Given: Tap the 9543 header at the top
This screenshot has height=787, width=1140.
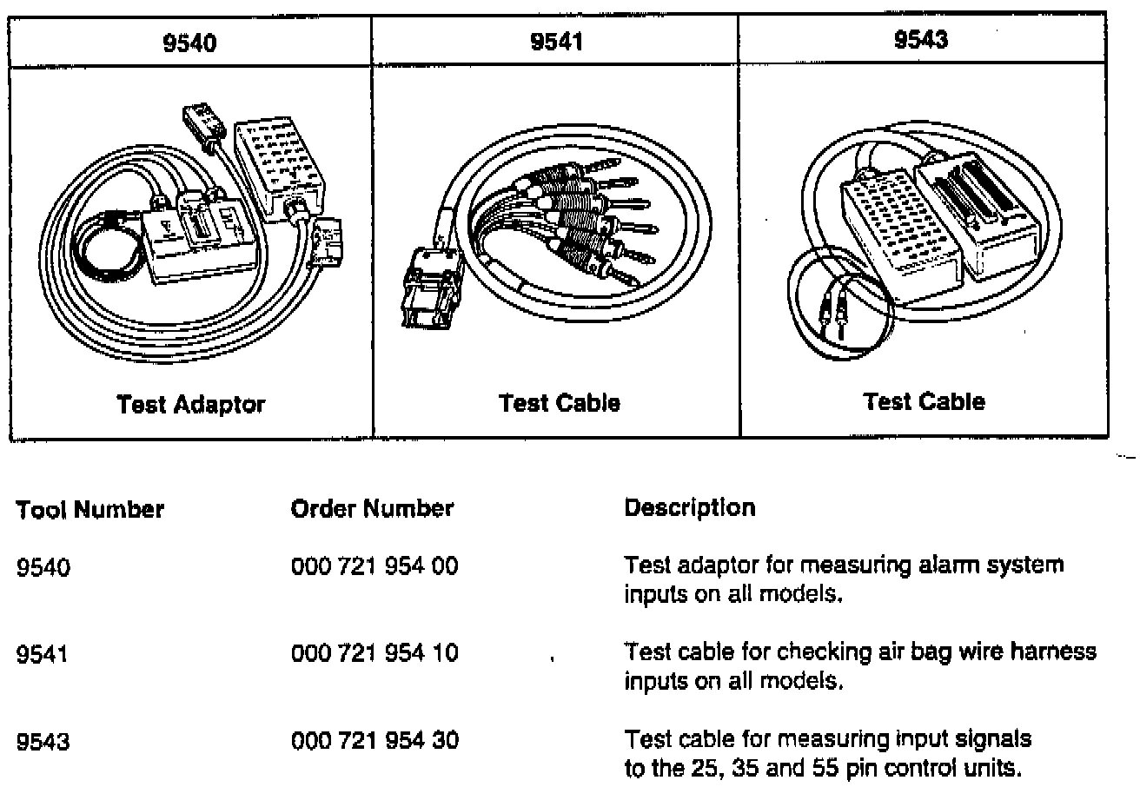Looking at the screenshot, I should click(x=922, y=41).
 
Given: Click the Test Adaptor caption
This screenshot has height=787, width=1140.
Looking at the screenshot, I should click(x=190, y=404).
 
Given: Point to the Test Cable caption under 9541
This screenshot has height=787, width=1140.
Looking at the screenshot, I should click(x=559, y=403).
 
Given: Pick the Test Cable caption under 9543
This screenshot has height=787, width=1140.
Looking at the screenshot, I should click(x=924, y=401).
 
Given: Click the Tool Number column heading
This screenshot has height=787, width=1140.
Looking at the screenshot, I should click(x=90, y=509).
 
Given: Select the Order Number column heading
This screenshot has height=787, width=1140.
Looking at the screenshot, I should click(x=372, y=508).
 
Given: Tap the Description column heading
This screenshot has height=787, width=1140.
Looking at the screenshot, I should click(x=690, y=508).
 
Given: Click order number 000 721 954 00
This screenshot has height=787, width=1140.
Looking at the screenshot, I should click(x=374, y=566).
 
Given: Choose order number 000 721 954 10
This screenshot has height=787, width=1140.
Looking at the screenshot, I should click(x=374, y=652).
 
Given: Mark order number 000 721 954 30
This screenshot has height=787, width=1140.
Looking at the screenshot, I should click(x=374, y=741).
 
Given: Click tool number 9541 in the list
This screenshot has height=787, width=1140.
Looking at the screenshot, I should click(x=43, y=653).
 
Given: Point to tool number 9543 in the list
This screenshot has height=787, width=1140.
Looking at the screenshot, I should click(x=43, y=742).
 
